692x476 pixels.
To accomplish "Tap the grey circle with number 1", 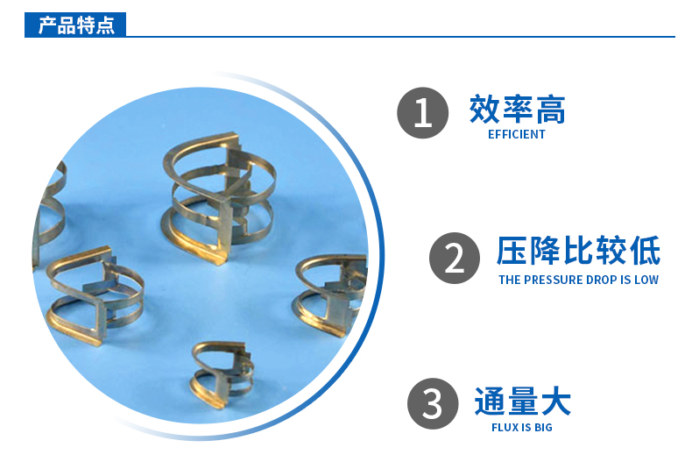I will click(423, 113).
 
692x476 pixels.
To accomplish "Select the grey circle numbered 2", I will click(455, 258).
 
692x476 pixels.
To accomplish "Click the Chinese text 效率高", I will click(517, 110).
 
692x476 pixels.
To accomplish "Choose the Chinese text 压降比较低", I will click(578, 252).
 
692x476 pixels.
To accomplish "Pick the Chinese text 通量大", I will click(522, 401).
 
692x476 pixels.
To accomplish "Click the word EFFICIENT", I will click(517, 135).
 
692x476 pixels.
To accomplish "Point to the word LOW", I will click(646, 281).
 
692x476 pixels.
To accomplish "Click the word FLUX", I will click(505, 428).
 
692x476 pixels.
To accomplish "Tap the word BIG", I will click(542, 428).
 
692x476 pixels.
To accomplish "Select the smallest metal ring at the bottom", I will click(222, 374).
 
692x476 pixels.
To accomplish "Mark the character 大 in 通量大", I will click(554, 401).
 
